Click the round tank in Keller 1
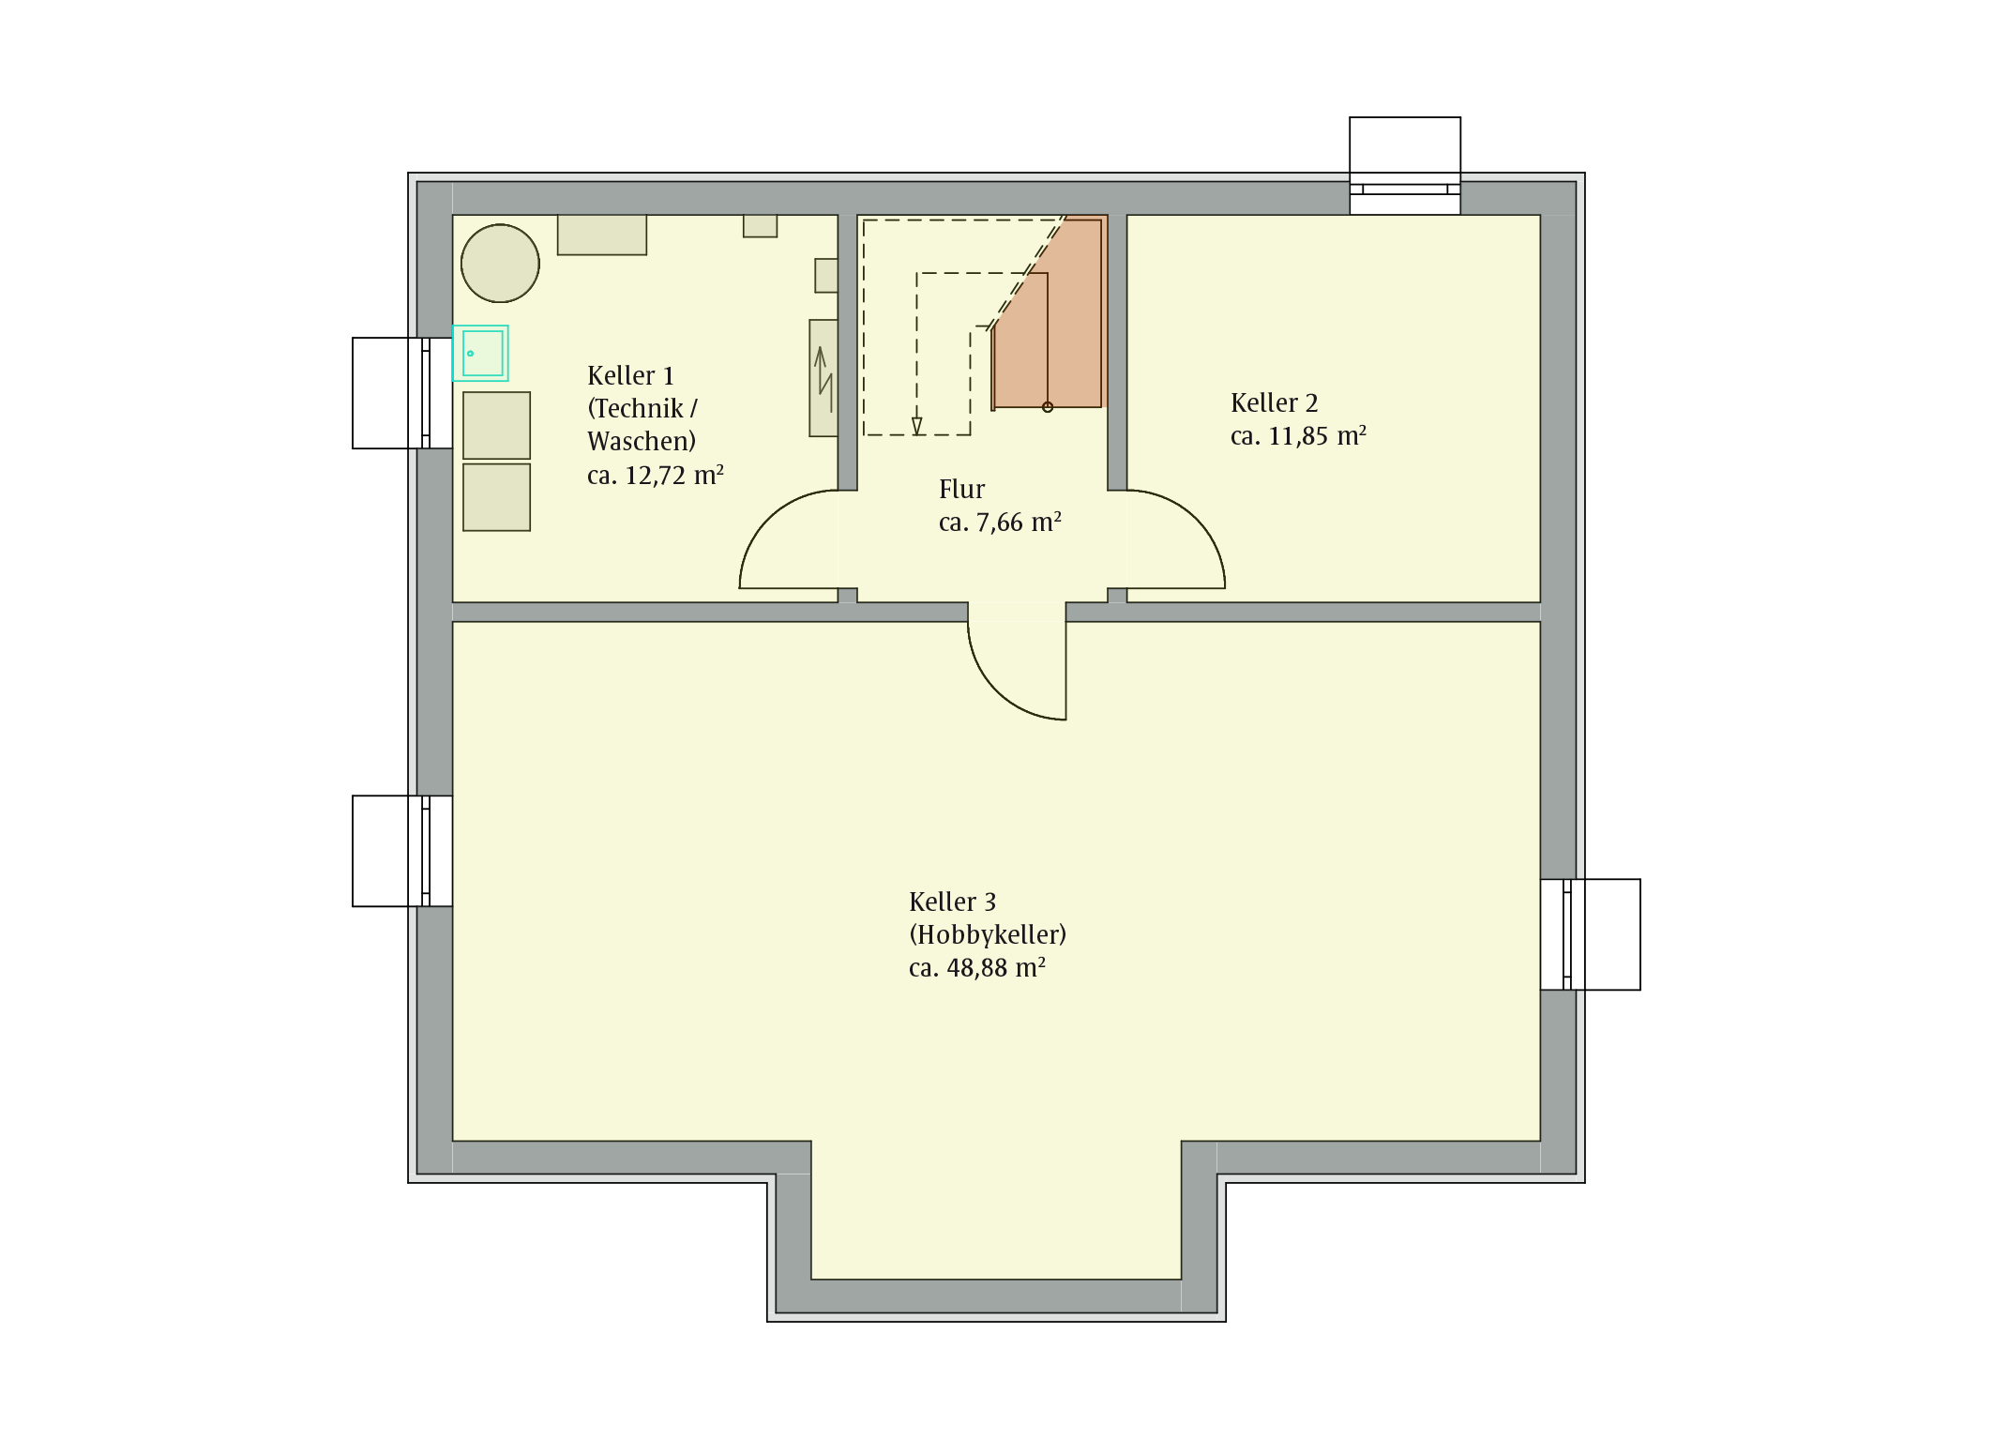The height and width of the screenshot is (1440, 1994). (500, 264)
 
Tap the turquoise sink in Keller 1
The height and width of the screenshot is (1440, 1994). (481, 354)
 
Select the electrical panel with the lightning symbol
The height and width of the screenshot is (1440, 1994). (823, 378)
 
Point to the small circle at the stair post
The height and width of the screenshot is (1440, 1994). (1048, 407)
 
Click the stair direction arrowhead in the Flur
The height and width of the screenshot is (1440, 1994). (917, 427)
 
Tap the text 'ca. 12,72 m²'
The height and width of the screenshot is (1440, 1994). (655, 476)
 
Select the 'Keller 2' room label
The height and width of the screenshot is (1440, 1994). (1274, 403)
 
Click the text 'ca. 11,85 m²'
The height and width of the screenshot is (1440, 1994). (1298, 436)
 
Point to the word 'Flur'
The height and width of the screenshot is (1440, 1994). (961, 490)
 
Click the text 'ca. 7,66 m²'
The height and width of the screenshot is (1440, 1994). (1000, 523)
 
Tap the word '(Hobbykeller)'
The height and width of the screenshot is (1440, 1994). (988, 935)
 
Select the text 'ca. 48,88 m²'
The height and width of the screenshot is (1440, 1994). (977, 968)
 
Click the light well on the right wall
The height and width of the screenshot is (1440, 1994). (1591, 934)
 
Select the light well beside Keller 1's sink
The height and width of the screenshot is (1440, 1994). (402, 393)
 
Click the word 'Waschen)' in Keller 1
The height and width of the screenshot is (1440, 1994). (642, 442)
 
